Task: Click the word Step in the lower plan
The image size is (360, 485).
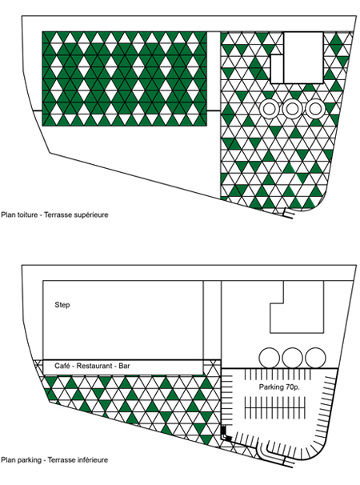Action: tap(62, 305)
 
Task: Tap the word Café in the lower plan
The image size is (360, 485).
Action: tap(62, 366)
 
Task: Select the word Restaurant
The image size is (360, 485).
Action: tap(94, 366)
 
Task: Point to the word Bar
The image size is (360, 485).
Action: tap(124, 366)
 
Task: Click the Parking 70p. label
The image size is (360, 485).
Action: tap(279, 387)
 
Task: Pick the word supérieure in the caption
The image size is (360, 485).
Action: tap(91, 215)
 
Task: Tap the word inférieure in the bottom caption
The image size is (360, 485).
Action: tap(91, 460)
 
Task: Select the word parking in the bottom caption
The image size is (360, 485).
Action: tap(29, 460)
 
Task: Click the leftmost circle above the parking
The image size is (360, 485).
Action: tap(269, 358)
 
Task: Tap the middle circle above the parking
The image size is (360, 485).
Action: tap(292, 358)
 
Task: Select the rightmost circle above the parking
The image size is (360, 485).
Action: tap(315, 358)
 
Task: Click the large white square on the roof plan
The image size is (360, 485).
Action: tap(303, 58)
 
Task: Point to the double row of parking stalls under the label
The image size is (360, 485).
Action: tap(275, 408)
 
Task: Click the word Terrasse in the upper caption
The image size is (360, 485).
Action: tap(57, 214)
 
